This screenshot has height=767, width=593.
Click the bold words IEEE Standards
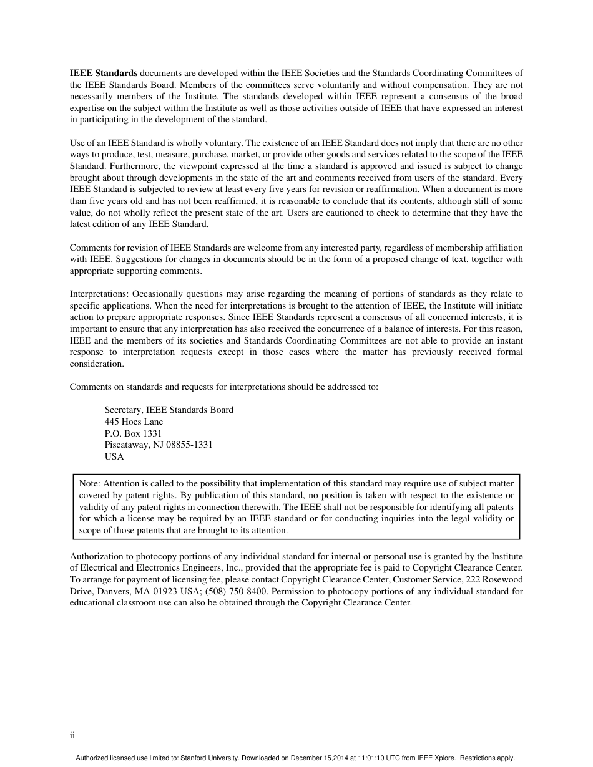[104, 74]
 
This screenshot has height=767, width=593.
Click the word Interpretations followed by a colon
[99, 294]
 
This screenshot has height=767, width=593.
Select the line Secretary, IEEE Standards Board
[169, 410]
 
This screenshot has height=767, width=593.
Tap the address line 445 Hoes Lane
[134, 422]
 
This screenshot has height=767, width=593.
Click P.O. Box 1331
[133, 433]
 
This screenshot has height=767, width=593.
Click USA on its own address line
[114, 456]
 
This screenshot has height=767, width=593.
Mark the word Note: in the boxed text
[89, 483]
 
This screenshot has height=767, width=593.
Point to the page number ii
[72, 736]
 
